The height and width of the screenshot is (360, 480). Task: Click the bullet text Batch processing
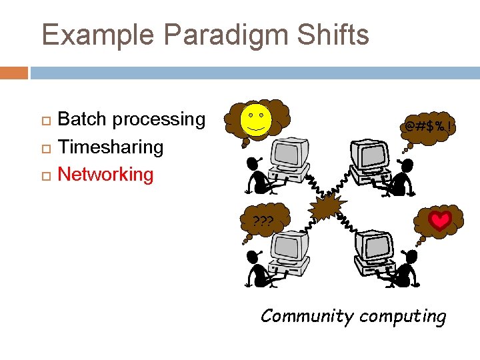pyautogui.click(x=131, y=119)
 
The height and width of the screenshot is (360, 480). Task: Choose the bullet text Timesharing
pyautogui.click(x=111, y=147)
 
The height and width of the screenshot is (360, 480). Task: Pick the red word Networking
pyautogui.click(x=106, y=175)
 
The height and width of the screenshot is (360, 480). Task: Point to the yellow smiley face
pyautogui.click(x=257, y=120)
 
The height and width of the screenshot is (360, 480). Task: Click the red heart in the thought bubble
pyautogui.click(x=439, y=221)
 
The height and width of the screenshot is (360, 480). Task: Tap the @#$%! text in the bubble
pyautogui.click(x=429, y=125)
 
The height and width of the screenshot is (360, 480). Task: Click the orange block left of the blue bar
pyautogui.click(x=14, y=72)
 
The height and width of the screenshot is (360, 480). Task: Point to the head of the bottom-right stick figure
pyautogui.click(x=411, y=256)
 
